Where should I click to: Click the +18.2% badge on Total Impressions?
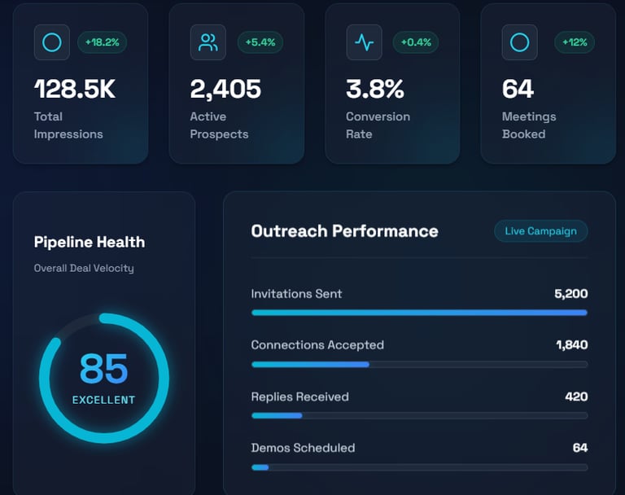pos(103,42)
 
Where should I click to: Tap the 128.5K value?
pos(75,89)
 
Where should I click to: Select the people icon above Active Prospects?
pos(208,42)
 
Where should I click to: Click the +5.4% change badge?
pos(260,42)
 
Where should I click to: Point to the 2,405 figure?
pos(225,89)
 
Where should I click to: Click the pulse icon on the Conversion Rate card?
pos(364,42)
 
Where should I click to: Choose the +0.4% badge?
pos(416,42)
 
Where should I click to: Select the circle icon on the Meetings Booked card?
pos(519,42)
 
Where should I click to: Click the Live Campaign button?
pos(540,231)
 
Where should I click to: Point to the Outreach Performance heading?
pos(344,231)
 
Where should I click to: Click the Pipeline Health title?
pos(90,242)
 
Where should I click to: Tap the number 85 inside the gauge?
pos(103,369)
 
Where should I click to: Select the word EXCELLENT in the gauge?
pos(103,400)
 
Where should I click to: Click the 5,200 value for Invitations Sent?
pos(570,294)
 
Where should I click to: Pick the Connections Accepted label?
pos(317,345)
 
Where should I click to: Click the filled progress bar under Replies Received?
pos(277,415)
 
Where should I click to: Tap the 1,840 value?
pos(571,345)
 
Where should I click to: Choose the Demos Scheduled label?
pos(303,448)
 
